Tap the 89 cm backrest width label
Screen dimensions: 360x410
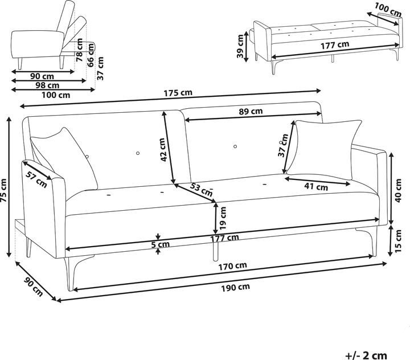249,111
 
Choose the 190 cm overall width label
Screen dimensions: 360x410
236,287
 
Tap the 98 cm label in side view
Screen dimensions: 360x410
40,85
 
